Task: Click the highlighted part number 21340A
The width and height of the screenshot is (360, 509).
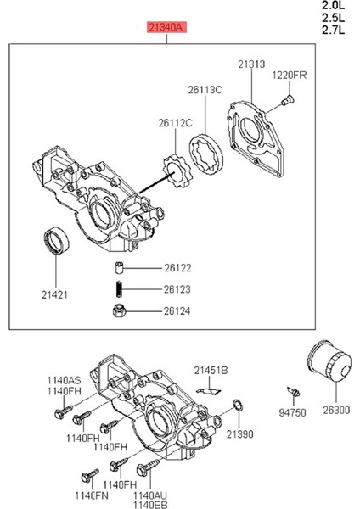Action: point(166,27)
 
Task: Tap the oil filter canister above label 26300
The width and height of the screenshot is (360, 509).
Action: point(329,361)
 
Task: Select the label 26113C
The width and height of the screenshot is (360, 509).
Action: point(205,90)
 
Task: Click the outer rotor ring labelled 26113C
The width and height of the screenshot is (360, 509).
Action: point(206,154)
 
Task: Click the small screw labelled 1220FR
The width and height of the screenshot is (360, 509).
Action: point(287,100)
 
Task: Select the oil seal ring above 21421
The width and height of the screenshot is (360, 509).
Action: point(56,241)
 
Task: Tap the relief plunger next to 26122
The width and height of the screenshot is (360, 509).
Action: point(119,268)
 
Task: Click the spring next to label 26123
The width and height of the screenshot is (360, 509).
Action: point(119,288)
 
